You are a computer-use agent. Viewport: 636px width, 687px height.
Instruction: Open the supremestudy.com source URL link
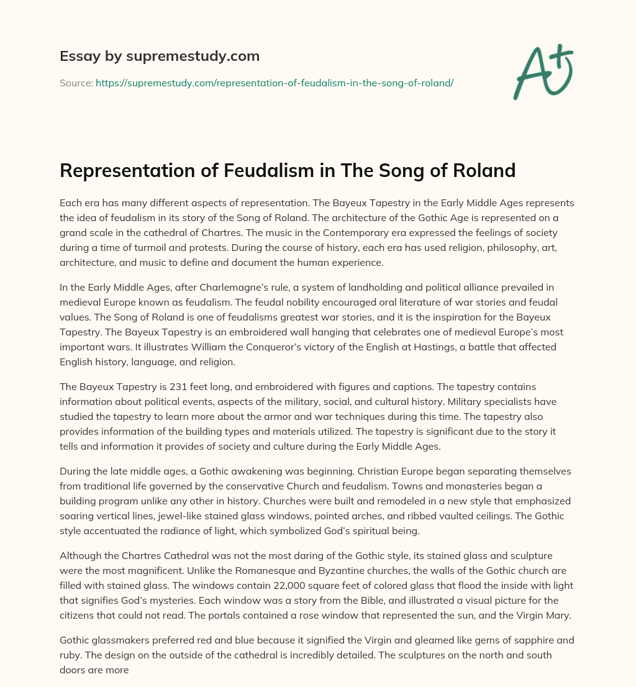click(x=275, y=83)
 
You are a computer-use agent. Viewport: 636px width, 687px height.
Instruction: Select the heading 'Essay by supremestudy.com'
click(x=160, y=57)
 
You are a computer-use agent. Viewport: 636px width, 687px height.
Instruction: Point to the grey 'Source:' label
click(x=76, y=83)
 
